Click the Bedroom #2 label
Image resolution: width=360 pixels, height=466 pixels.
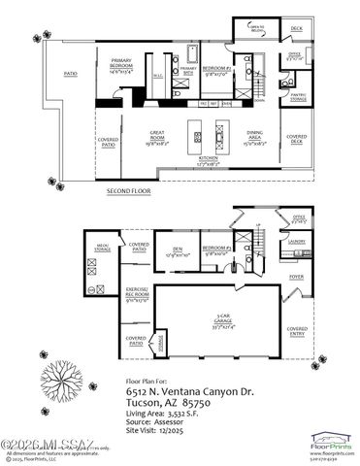coord(214,69)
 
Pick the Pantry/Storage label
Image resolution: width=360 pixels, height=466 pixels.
coord(298,96)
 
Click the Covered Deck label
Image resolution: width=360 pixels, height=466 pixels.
coord(295,138)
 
